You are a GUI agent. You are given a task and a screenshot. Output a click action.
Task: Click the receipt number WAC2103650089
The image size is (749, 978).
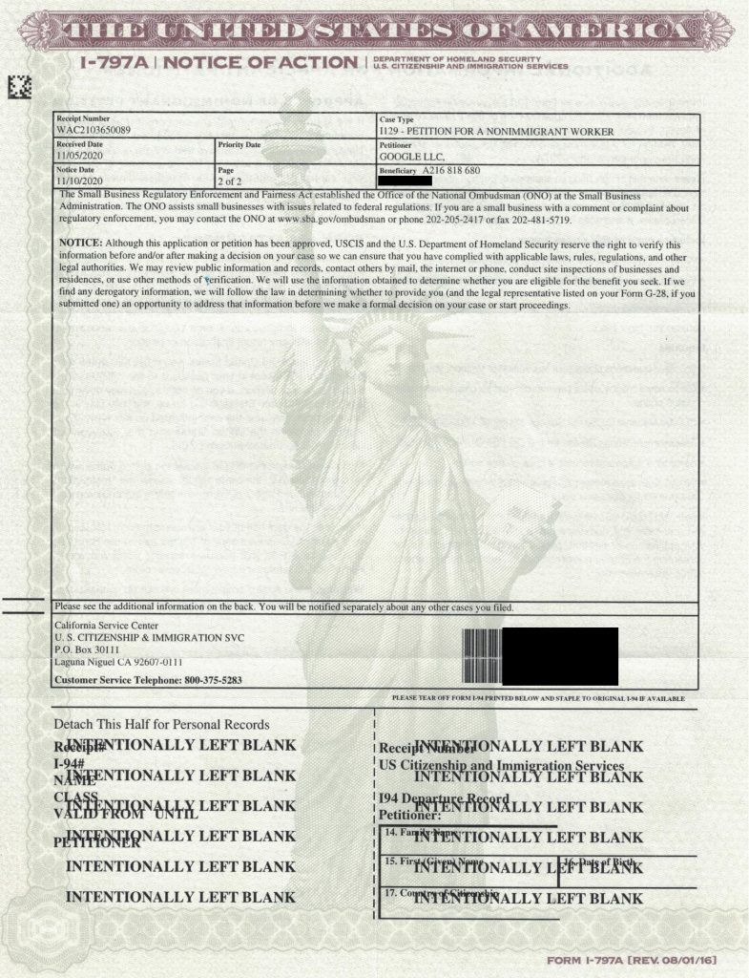(x=93, y=130)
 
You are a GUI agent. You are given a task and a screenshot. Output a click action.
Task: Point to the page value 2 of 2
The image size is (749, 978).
(x=232, y=180)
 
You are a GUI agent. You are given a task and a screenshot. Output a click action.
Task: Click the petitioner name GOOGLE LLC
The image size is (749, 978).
(x=412, y=156)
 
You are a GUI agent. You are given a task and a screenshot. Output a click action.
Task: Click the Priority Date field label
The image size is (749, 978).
(x=239, y=144)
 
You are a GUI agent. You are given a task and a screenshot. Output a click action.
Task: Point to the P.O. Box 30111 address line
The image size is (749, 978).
(x=88, y=649)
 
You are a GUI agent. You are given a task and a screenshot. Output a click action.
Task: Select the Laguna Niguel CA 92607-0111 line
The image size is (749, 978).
(x=119, y=662)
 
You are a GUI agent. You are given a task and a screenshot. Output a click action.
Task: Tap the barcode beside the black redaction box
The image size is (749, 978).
(x=482, y=655)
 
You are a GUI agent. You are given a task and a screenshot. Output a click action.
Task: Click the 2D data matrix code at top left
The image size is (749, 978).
(x=20, y=87)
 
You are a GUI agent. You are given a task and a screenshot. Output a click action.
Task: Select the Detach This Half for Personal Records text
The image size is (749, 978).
(x=161, y=724)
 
